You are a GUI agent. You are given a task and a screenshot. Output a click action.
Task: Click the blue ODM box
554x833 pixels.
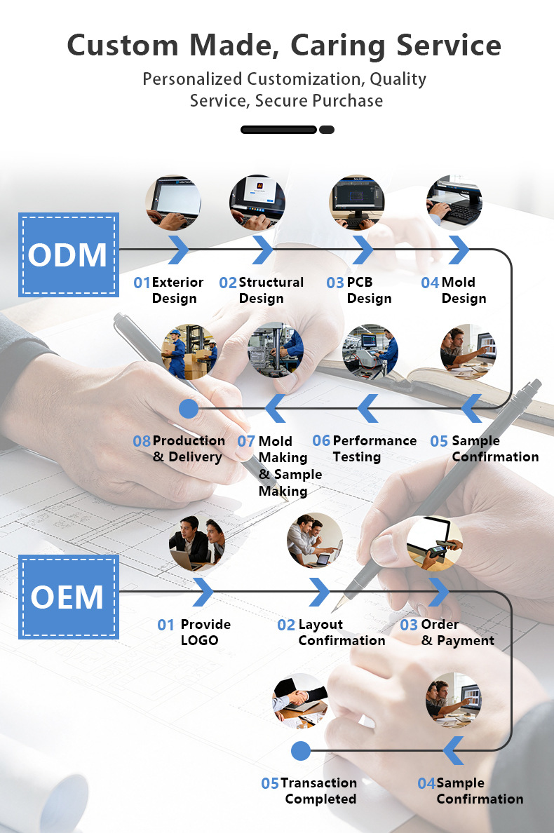pyautogui.click(x=69, y=255)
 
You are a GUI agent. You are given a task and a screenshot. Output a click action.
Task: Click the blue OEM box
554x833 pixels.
pyautogui.click(x=69, y=597)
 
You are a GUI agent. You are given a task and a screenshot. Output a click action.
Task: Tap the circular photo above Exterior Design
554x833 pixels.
pyautogui.click(x=173, y=203)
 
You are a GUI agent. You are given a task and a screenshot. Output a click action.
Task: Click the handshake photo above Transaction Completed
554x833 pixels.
pyautogui.click(x=300, y=700)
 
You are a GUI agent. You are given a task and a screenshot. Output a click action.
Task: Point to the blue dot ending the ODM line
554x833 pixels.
pyautogui.click(x=189, y=409)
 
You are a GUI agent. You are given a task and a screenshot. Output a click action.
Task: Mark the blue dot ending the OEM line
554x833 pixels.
pyautogui.click(x=301, y=751)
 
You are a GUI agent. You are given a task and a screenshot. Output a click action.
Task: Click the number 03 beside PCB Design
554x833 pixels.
pyautogui.click(x=335, y=283)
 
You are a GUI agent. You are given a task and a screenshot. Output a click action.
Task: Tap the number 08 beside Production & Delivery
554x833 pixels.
pyautogui.click(x=142, y=441)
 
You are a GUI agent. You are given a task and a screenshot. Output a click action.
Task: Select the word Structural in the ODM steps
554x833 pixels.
pyautogui.click(x=271, y=282)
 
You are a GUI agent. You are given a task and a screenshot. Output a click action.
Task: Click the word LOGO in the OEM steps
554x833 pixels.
pyautogui.click(x=199, y=640)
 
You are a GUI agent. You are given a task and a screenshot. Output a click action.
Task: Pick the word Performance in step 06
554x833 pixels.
pyautogui.click(x=374, y=441)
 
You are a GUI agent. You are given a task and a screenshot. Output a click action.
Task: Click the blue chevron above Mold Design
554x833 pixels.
pyautogui.click(x=459, y=250)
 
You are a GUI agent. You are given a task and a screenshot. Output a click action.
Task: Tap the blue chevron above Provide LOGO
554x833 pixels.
pyautogui.click(x=203, y=592)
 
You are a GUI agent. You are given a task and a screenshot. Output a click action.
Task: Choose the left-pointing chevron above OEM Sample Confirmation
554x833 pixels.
pyautogui.click(x=453, y=751)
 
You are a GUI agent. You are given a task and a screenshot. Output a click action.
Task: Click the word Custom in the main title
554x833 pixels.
pyautogui.click(x=123, y=45)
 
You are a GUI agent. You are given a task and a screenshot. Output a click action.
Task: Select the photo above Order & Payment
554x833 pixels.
pyautogui.click(x=435, y=543)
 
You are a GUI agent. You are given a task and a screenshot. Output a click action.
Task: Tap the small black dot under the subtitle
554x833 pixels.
pyautogui.click(x=327, y=130)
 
